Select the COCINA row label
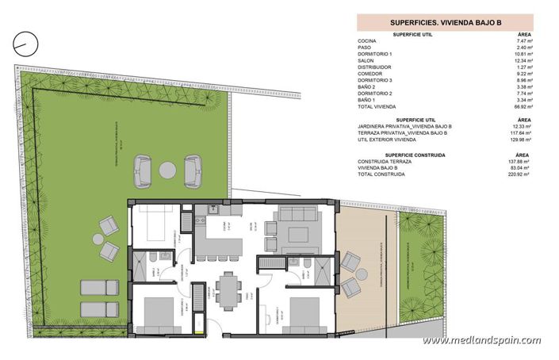(367, 40)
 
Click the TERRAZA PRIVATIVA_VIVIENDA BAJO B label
(404, 132)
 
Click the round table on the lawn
(167, 169)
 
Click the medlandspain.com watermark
(481, 341)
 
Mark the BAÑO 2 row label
(366, 86)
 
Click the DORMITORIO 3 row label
(375, 80)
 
